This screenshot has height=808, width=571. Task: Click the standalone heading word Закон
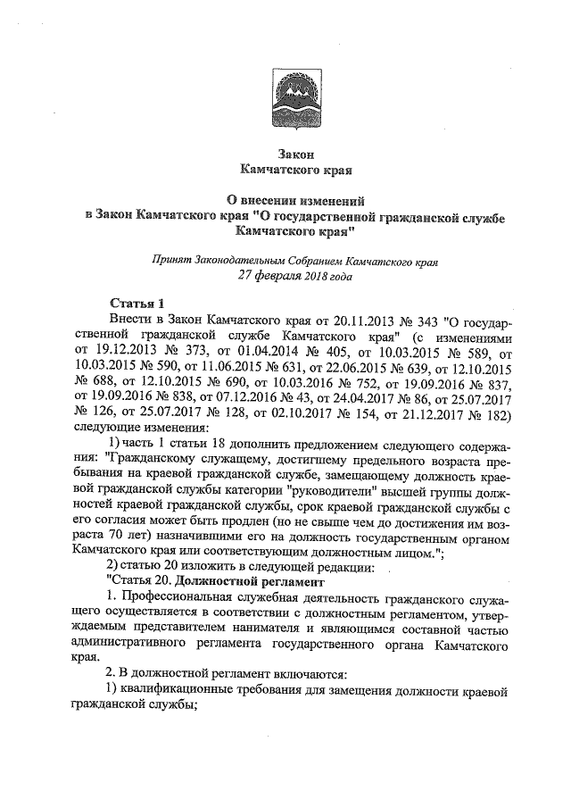click(285, 154)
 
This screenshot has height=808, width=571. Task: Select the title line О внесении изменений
click(285, 201)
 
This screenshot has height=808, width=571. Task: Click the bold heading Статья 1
click(134, 304)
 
